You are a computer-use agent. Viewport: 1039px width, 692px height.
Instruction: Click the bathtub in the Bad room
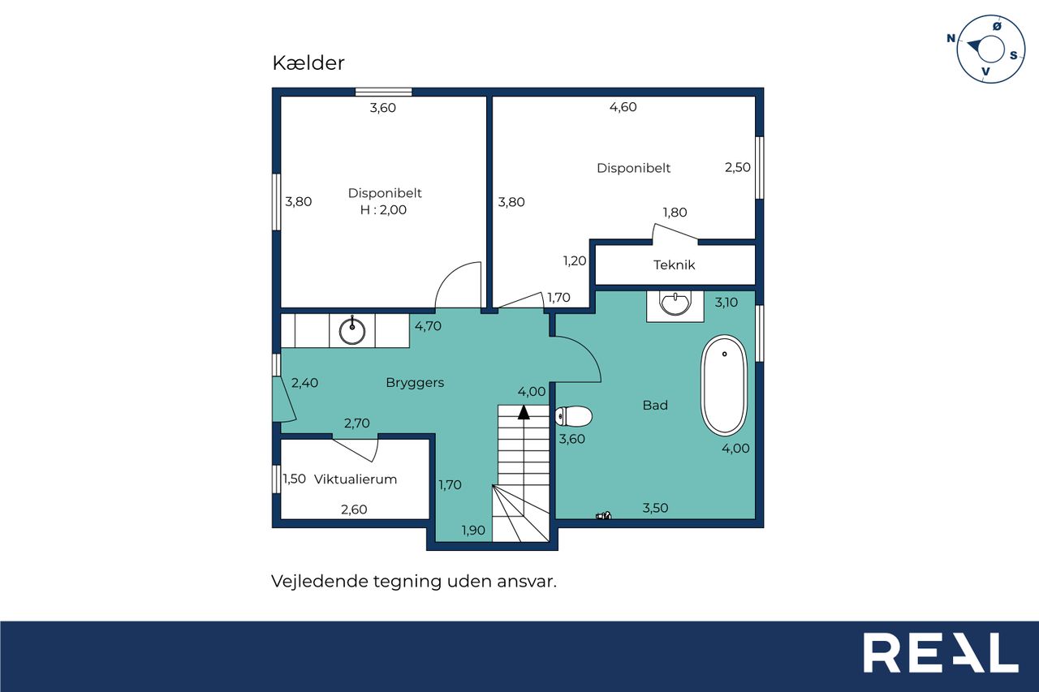click(723, 385)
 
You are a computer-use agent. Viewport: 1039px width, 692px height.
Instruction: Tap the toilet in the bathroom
click(574, 416)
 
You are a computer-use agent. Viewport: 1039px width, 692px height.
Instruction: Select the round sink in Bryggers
click(352, 331)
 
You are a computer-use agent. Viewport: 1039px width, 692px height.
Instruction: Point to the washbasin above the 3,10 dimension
click(675, 303)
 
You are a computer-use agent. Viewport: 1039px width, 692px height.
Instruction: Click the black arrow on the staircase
click(524, 412)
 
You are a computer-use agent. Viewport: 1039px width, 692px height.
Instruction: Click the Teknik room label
click(674, 265)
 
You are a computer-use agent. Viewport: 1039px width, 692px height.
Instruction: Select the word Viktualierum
click(356, 479)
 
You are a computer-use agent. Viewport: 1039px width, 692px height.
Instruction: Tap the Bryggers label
click(415, 383)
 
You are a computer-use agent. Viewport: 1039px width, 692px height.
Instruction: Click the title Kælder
click(308, 63)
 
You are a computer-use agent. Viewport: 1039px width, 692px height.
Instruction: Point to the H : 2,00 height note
click(383, 210)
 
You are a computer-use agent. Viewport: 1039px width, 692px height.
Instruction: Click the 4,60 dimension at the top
click(623, 107)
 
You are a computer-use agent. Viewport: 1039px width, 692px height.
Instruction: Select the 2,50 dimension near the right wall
click(738, 167)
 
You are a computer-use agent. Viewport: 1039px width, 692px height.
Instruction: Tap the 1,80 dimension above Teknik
click(675, 213)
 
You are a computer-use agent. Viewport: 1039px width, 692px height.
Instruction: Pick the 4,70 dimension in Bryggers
click(428, 326)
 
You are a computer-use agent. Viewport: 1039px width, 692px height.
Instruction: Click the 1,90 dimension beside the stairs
click(473, 531)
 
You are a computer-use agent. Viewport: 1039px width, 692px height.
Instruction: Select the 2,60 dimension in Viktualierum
click(354, 509)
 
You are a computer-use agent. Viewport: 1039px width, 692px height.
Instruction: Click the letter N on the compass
click(951, 38)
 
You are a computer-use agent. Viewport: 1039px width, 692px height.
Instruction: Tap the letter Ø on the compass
click(997, 27)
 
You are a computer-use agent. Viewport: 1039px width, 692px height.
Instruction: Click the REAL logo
click(941, 652)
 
